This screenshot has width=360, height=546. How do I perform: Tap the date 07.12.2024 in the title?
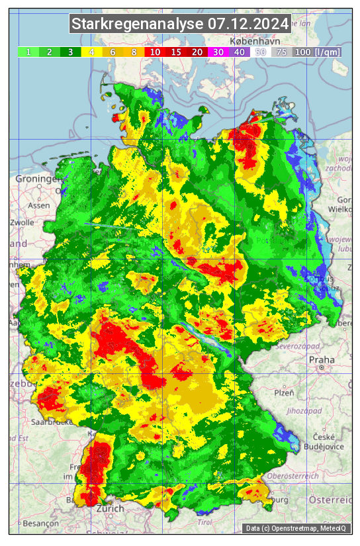[249, 24]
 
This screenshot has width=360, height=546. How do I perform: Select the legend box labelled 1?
[28, 52]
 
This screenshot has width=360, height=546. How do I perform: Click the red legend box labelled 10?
[155, 52]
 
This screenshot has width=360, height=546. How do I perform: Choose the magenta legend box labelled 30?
[218, 52]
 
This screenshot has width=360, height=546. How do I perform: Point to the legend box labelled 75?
[281, 52]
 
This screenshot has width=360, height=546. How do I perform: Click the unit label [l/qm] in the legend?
[328, 52]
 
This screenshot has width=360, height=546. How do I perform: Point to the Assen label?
[39, 205]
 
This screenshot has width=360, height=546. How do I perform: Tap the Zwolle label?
[22, 222]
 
